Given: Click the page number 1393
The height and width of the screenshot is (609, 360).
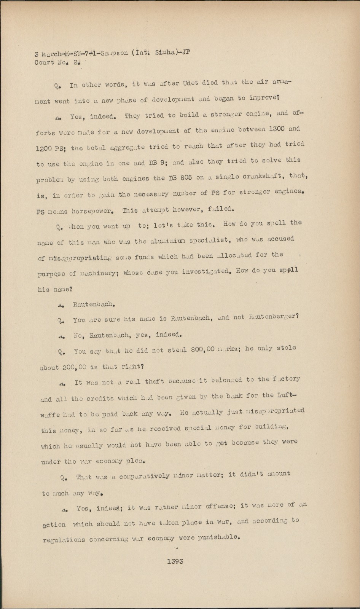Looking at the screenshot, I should click(175, 561).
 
